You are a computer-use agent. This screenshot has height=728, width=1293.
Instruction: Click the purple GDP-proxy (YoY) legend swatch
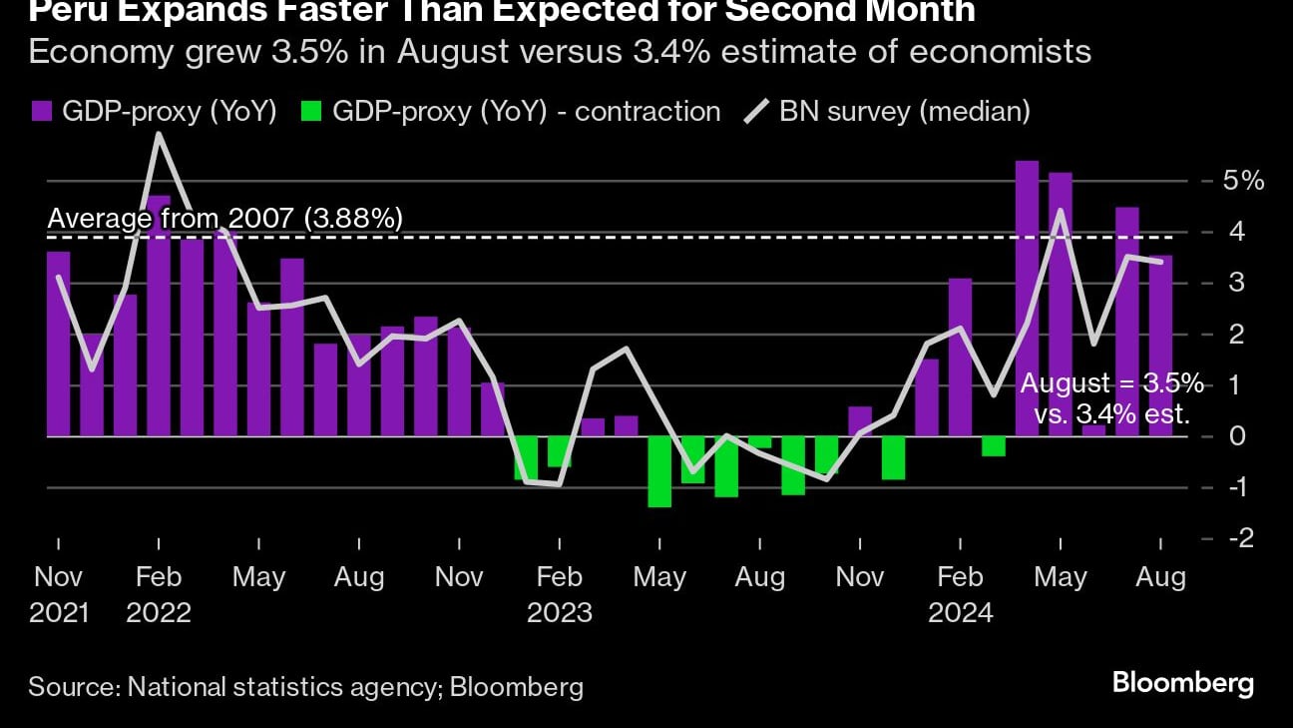click(x=42, y=112)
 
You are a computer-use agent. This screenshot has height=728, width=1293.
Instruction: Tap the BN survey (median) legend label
click(x=904, y=112)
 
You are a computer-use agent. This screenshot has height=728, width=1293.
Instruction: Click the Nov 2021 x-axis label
click(x=58, y=593)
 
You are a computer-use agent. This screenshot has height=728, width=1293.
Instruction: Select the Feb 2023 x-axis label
click(x=559, y=593)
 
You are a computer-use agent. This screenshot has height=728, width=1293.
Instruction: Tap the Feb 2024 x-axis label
click(x=960, y=593)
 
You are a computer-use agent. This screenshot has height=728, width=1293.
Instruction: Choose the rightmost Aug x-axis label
click(x=1160, y=577)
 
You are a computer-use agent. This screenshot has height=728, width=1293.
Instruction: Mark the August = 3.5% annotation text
click(x=1110, y=384)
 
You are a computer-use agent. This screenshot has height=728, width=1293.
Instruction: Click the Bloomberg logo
click(x=1182, y=684)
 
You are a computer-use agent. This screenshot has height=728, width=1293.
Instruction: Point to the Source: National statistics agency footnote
click(x=305, y=687)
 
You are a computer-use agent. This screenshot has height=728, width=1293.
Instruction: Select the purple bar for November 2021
click(x=58, y=344)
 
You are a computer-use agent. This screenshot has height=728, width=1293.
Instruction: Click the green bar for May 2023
click(x=659, y=471)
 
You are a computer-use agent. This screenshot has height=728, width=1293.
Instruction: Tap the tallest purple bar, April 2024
click(x=1027, y=298)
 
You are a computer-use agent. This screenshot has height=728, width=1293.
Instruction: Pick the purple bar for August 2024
click(x=1160, y=346)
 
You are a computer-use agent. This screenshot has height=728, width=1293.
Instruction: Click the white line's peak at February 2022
click(x=158, y=134)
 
